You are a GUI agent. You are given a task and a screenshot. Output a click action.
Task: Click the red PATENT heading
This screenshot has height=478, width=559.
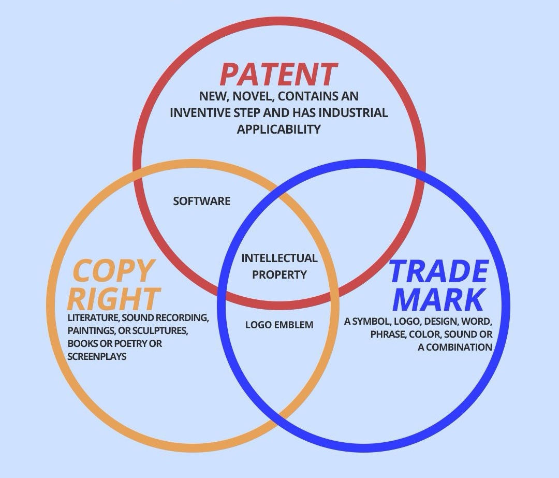click(x=278, y=74)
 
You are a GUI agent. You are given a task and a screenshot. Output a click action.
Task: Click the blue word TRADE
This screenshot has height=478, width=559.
click(x=438, y=271)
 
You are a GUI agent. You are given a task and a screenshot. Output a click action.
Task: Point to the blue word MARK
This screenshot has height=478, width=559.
click(x=438, y=299)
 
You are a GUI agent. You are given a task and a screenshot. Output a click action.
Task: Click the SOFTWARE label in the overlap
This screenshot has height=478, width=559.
click(x=202, y=201)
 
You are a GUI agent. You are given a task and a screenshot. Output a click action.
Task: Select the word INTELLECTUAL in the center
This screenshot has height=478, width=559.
click(x=279, y=258)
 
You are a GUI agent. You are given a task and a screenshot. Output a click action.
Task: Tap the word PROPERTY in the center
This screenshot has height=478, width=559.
click(x=279, y=274)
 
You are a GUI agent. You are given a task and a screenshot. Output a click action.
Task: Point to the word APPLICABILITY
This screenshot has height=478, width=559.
click(x=279, y=129)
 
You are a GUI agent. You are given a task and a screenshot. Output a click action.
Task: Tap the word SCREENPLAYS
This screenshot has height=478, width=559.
click(x=97, y=356)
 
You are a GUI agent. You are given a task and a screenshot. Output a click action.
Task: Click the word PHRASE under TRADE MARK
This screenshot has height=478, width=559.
click(x=388, y=334)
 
